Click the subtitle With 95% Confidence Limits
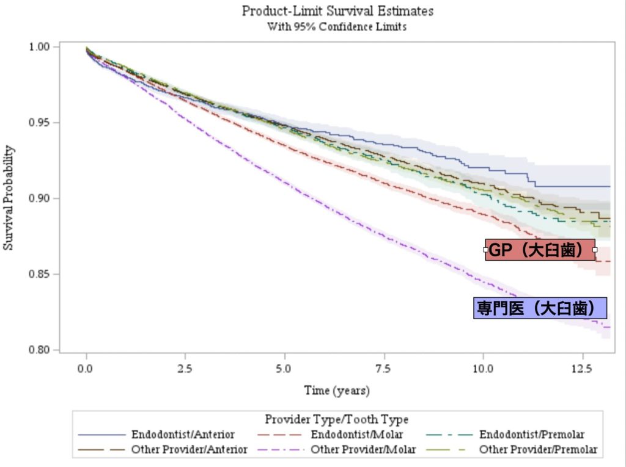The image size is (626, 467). (337, 27)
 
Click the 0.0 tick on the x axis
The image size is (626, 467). (86, 369)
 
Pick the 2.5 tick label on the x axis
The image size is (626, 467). (185, 369)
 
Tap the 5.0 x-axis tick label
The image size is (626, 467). (284, 369)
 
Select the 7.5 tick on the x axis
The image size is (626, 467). (383, 369)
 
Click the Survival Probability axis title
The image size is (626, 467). (9, 198)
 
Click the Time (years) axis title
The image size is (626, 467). (337, 390)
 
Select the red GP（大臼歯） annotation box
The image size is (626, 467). (540, 250)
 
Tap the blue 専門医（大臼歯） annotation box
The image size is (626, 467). (540, 308)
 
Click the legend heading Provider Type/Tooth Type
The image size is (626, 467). (337, 420)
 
